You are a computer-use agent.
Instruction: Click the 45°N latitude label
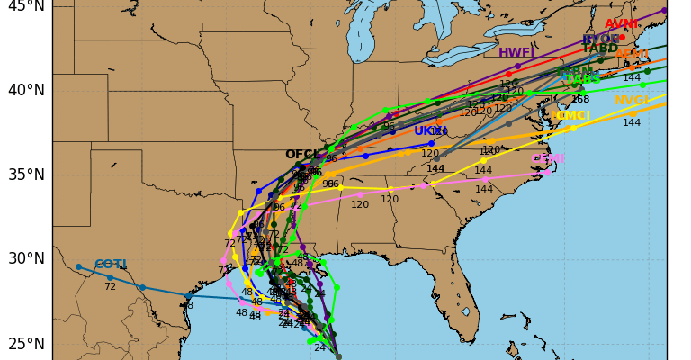[25, 6]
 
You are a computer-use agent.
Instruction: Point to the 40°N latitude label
[25, 90]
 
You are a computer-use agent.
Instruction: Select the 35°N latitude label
[25, 175]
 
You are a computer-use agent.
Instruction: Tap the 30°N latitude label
[25, 259]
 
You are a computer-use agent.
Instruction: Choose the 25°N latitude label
[25, 344]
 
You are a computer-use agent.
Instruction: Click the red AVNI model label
[621, 24]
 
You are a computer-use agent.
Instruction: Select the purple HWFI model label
[516, 53]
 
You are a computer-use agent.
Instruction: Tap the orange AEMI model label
[632, 55]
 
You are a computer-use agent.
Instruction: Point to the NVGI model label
[632, 101]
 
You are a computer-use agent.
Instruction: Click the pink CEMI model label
[548, 159]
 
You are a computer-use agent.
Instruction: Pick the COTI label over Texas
[110, 265]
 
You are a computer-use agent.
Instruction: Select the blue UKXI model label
[431, 131]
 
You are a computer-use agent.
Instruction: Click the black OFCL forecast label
[303, 155]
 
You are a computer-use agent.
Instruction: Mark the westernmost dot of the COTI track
[78, 266]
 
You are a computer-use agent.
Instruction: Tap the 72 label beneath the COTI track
[110, 287]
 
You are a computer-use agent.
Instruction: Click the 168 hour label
[580, 99]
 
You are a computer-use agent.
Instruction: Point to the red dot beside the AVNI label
[622, 37]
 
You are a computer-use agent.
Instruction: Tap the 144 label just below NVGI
[632, 122]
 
